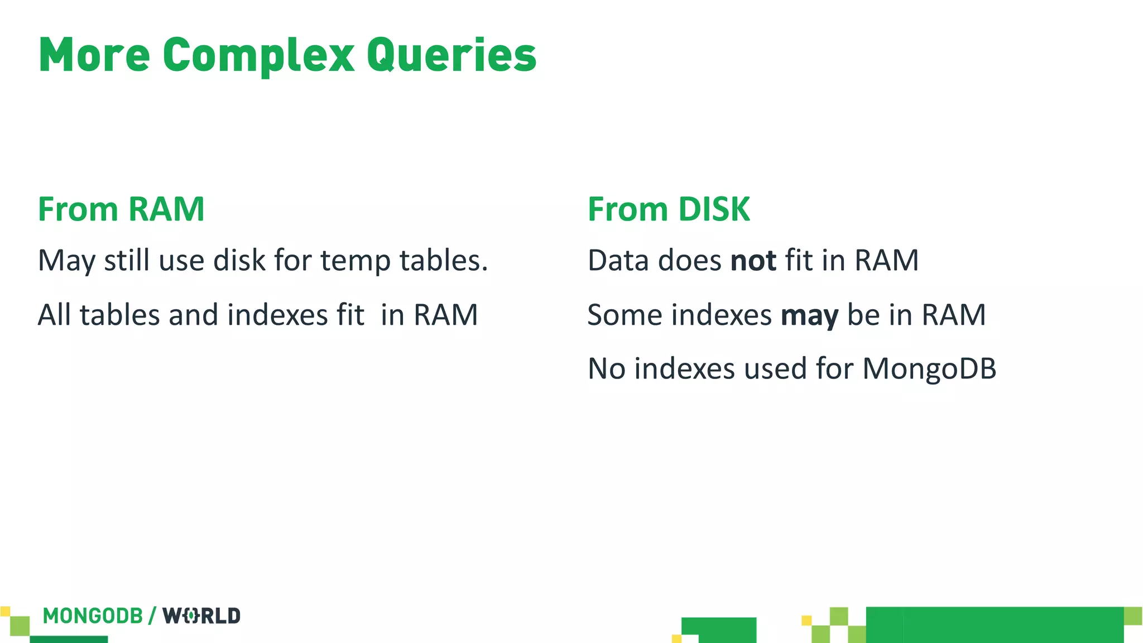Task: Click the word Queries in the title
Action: tap(451, 56)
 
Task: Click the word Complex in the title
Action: tap(258, 56)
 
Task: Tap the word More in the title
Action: tap(94, 56)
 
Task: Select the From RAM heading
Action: tap(121, 209)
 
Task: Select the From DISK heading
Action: tap(669, 209)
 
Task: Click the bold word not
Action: tap(753, 261)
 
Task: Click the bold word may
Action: tap(809, 315)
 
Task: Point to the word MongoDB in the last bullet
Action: tap(929, 369)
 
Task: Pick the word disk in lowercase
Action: tap(239, 261)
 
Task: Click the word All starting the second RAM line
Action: tap(54, 315)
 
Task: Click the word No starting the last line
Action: tap(606, 369)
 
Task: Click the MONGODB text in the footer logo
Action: tap(93, 616)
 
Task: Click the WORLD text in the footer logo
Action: tap(201, 616)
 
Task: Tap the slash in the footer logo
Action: tap(152, 616)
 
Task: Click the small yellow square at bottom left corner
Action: tap(5, 611)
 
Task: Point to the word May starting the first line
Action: tap(66, 261)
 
